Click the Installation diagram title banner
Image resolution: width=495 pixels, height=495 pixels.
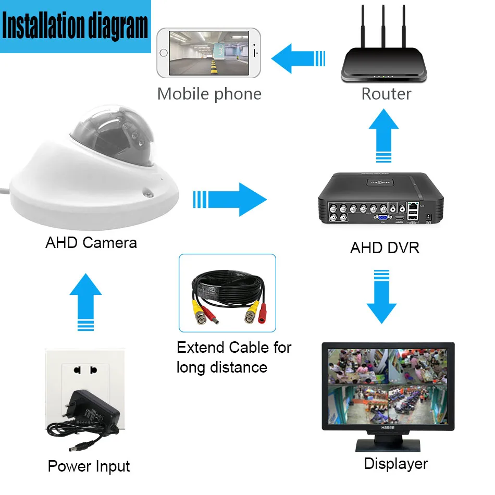(76, 27)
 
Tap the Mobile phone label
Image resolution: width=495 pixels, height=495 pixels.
(209, 94)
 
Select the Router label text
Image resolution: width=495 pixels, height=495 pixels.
(386, 94)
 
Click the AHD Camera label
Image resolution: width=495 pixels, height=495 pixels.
(91, 242)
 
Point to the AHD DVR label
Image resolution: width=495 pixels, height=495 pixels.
(385, 247)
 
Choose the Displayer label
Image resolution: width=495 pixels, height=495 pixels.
(396, 463)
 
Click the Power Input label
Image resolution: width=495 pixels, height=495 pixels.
(89, 466)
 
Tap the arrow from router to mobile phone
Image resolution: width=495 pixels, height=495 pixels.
(298, 58)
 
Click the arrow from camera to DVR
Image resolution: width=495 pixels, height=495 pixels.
(231, 199)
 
